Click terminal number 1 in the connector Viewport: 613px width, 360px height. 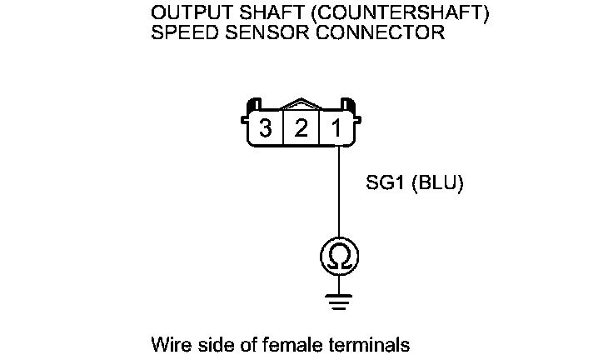point(336,128)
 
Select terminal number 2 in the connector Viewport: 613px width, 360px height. point(302,128)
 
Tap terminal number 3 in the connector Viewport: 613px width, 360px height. point(266,128)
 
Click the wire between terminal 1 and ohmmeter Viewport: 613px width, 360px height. point(337,192)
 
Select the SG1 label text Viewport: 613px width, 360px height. point(386,182)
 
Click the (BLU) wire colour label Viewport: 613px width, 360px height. point(438,182)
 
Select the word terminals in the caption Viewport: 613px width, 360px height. point(361,344)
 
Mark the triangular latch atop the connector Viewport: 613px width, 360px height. point(302,106)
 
